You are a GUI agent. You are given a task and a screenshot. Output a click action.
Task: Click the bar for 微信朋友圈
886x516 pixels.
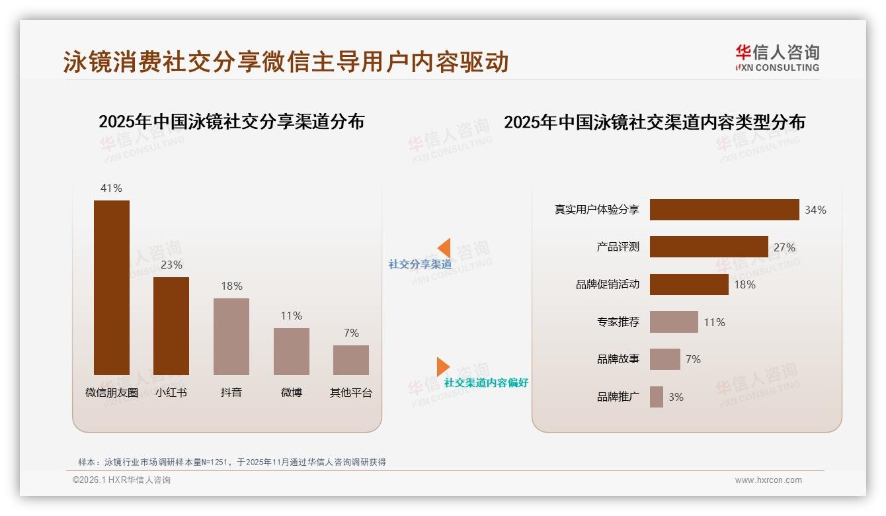(112, 287)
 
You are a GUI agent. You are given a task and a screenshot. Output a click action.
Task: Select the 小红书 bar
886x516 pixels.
(171, 325)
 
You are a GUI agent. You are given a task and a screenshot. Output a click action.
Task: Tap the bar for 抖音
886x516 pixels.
(231, 336)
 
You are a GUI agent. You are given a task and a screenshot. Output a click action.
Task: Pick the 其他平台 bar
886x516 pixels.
(351, 360)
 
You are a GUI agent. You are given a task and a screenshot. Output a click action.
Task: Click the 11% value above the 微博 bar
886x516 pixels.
(291, 316)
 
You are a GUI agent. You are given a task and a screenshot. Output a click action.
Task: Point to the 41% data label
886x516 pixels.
(111, 188)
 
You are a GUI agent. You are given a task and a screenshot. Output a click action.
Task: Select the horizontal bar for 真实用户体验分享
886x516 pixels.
(724, 210)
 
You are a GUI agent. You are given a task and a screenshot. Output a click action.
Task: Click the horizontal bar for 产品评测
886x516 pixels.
(709, 247)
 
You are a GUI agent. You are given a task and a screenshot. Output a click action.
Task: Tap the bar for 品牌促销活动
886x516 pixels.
(689, 284)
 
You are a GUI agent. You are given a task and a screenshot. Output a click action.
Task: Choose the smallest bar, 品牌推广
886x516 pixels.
(657, 397)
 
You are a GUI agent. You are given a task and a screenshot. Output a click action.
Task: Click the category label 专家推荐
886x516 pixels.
(618, 322)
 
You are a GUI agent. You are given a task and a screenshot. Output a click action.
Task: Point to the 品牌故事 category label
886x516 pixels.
(618, 359)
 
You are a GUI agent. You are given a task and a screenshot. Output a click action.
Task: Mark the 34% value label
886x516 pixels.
(815, 210)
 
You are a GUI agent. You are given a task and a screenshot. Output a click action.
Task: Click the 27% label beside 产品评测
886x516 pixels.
(784, 247)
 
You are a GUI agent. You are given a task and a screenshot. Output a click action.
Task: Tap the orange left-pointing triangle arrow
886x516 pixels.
(444, 247)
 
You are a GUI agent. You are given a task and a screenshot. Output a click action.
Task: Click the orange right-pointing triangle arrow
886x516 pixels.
(442, 366)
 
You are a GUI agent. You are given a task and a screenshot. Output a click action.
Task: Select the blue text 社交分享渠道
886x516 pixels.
(420, 265)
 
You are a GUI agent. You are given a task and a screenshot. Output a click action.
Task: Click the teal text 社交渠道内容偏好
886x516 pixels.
(486, 383)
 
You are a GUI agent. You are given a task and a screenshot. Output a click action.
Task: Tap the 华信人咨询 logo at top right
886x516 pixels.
(777, 58)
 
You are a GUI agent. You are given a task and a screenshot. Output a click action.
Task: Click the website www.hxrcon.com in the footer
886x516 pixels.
(768, 480)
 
